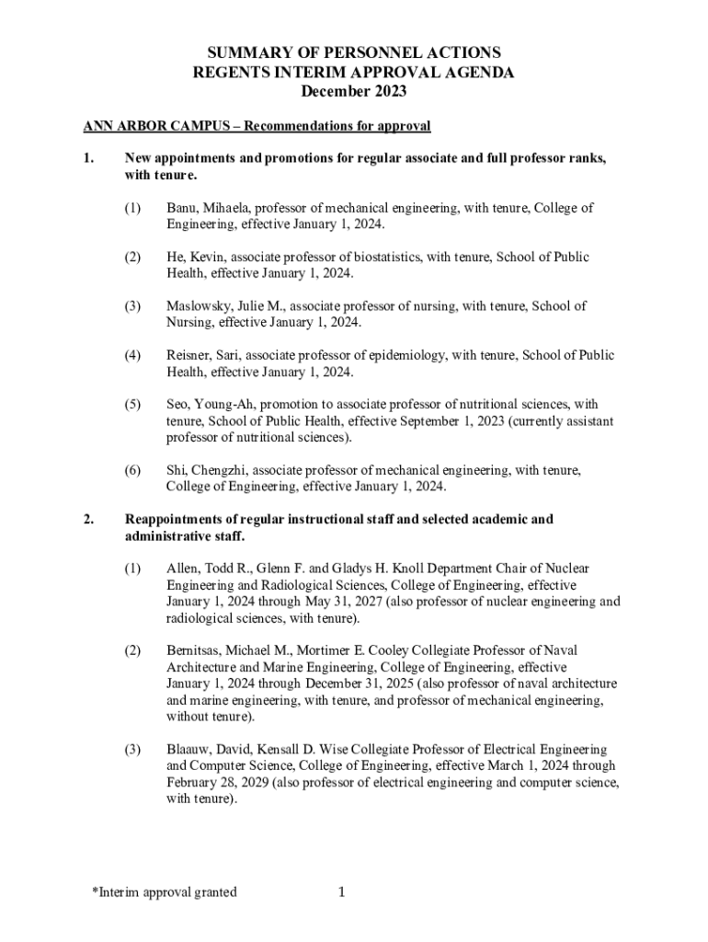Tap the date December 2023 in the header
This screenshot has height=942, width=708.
tap(353, 92)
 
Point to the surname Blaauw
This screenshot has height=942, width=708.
tap(189, 750)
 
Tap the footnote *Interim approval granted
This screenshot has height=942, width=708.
tap(165, 891)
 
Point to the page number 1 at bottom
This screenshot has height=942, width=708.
tap(341, 891)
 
